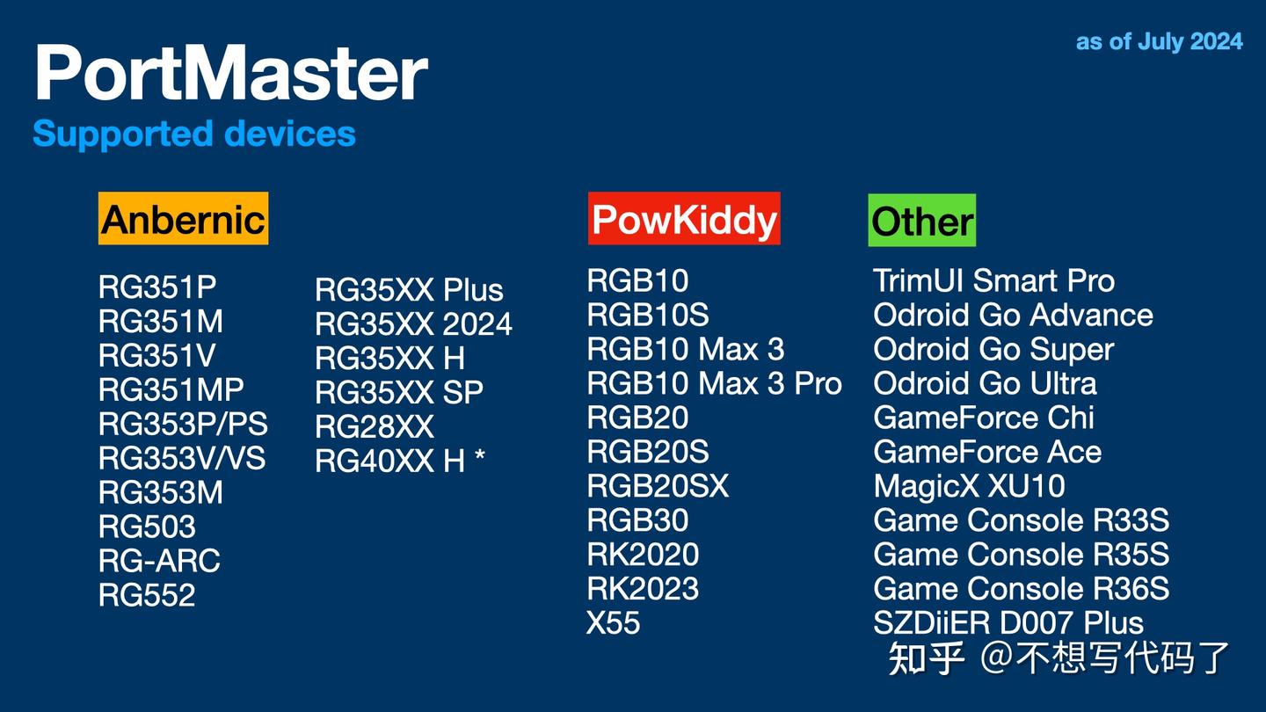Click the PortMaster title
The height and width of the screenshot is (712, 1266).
(x=230, y=75)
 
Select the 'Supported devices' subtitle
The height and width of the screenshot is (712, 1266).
(x=194, y=134)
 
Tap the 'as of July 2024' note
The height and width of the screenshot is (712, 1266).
(x=1159, y=41)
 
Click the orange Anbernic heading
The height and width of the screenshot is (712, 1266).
(x=183, y=219)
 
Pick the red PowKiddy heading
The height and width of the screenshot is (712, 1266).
(x=684, y=219)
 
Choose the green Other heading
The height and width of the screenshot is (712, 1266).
(x=922, y=221)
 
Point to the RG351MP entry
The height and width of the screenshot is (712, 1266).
(x=171, y=389)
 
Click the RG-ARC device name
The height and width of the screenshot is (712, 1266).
(x=159, y=561)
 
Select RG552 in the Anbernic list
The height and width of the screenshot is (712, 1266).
(x=147, y=595)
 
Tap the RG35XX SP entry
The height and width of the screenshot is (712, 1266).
(x=399, y=392)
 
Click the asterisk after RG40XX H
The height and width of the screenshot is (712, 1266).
(x=479, y=456)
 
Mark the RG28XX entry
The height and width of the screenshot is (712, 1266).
(x=375, y=426)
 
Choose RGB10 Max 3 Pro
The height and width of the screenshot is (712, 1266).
(x=714, y=383)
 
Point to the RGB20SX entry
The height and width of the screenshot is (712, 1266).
(x=658, y=486)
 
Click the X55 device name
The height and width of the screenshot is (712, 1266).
(x=614, y=623)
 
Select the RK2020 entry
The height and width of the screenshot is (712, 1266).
(x=643, y=555)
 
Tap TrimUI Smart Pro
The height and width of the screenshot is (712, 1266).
(x=993, y=280)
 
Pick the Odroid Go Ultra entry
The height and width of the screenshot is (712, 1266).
(x=985, y=383)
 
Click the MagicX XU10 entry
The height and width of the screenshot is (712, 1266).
(x=969, y=486)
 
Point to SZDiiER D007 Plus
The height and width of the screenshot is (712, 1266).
(x=1008, y=623)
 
